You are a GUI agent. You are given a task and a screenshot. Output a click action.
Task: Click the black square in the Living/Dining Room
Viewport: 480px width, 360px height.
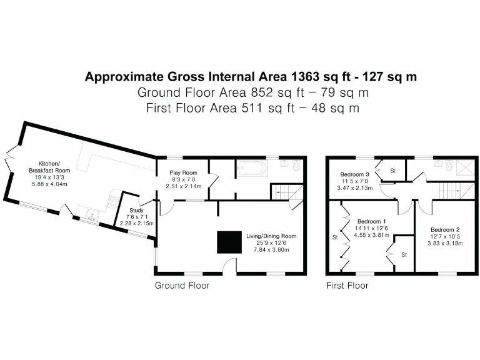229,242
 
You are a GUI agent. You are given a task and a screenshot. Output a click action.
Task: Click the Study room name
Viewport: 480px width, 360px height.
136,211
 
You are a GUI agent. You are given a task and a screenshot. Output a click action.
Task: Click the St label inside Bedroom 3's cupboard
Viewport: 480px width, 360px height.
394,170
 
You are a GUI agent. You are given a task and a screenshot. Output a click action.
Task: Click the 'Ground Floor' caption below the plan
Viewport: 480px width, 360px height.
182,286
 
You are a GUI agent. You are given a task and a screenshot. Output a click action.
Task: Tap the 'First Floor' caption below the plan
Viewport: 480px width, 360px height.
347,286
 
